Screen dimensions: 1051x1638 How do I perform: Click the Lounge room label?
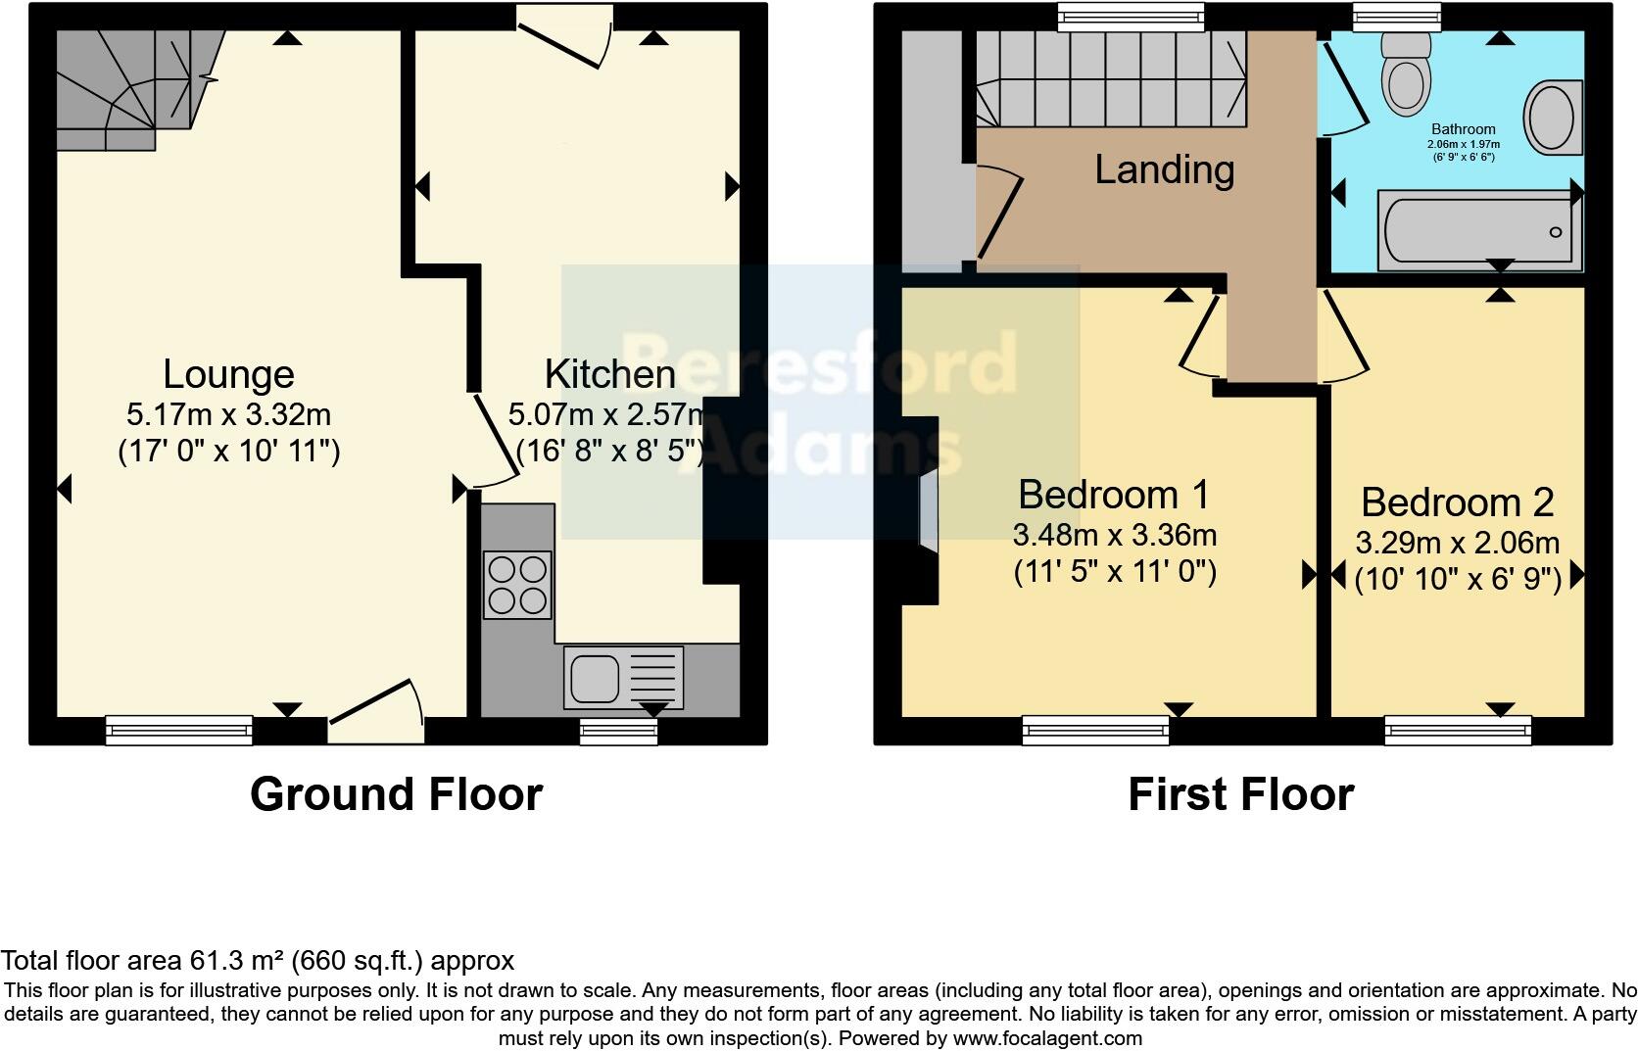(228, 374)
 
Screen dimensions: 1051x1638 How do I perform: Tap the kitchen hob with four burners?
(517, 585)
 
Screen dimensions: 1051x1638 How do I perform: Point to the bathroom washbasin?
(1552, 117)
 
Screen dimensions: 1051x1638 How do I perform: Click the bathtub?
(1478, 230)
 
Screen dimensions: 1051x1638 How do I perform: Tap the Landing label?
(1164, 169)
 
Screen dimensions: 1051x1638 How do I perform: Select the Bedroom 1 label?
(1114, 495)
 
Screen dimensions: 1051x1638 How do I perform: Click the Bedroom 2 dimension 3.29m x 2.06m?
(1457, 543)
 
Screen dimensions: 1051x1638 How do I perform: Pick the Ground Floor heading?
(396, 794)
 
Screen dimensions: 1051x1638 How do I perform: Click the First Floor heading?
(1240, 794)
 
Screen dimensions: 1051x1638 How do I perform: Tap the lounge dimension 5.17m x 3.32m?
(228, 414)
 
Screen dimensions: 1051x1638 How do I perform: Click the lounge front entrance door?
(377, 713)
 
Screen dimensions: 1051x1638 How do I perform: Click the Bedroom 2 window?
(1457, 729)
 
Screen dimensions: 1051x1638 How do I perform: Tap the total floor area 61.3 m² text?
(257, 961)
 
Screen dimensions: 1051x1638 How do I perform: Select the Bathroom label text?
(1463, 129)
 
